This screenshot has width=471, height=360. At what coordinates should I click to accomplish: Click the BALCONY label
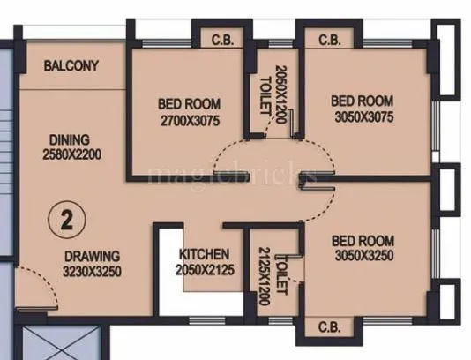click(x=72, y=66)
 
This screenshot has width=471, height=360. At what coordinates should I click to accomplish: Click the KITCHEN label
click(x=205, y=253)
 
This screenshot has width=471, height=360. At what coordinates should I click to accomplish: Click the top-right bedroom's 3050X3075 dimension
click(x=363, y=116)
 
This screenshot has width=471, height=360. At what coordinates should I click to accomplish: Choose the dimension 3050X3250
click(x=363, y=256)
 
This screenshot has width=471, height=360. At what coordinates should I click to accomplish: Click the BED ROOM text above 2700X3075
click(x=190, y=102)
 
